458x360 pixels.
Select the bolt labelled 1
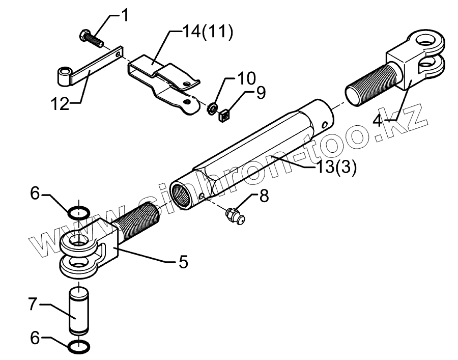[x=89, y=37]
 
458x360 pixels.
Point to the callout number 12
[x=60, y=105]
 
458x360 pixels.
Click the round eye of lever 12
[x=63, y=77]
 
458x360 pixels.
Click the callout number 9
[x=260, y=93]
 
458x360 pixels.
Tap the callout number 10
[x=245, y=79]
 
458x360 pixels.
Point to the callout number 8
[x=264, y=197]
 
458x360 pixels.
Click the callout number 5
[x=183, y=262]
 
